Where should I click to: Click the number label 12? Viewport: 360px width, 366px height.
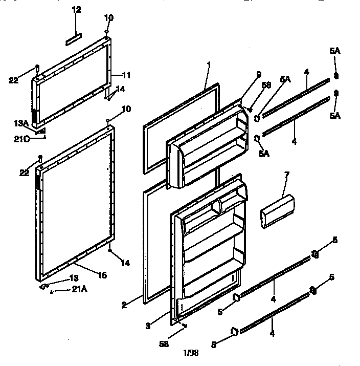pos(76,10)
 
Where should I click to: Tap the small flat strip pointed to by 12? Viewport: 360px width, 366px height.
pos(73,37)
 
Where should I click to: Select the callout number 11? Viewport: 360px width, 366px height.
pos(126,75)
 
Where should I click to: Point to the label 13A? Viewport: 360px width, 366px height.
pos(21,122)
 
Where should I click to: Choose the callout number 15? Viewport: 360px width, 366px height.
pos(102,275)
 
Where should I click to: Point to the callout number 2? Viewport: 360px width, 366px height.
pos(124,306)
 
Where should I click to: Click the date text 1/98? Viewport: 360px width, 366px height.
pos(191,352)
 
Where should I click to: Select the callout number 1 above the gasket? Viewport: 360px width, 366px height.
pos(208,66)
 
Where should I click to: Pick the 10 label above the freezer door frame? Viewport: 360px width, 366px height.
pos(107,17)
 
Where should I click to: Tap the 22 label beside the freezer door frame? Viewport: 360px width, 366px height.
pos(13,79)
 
